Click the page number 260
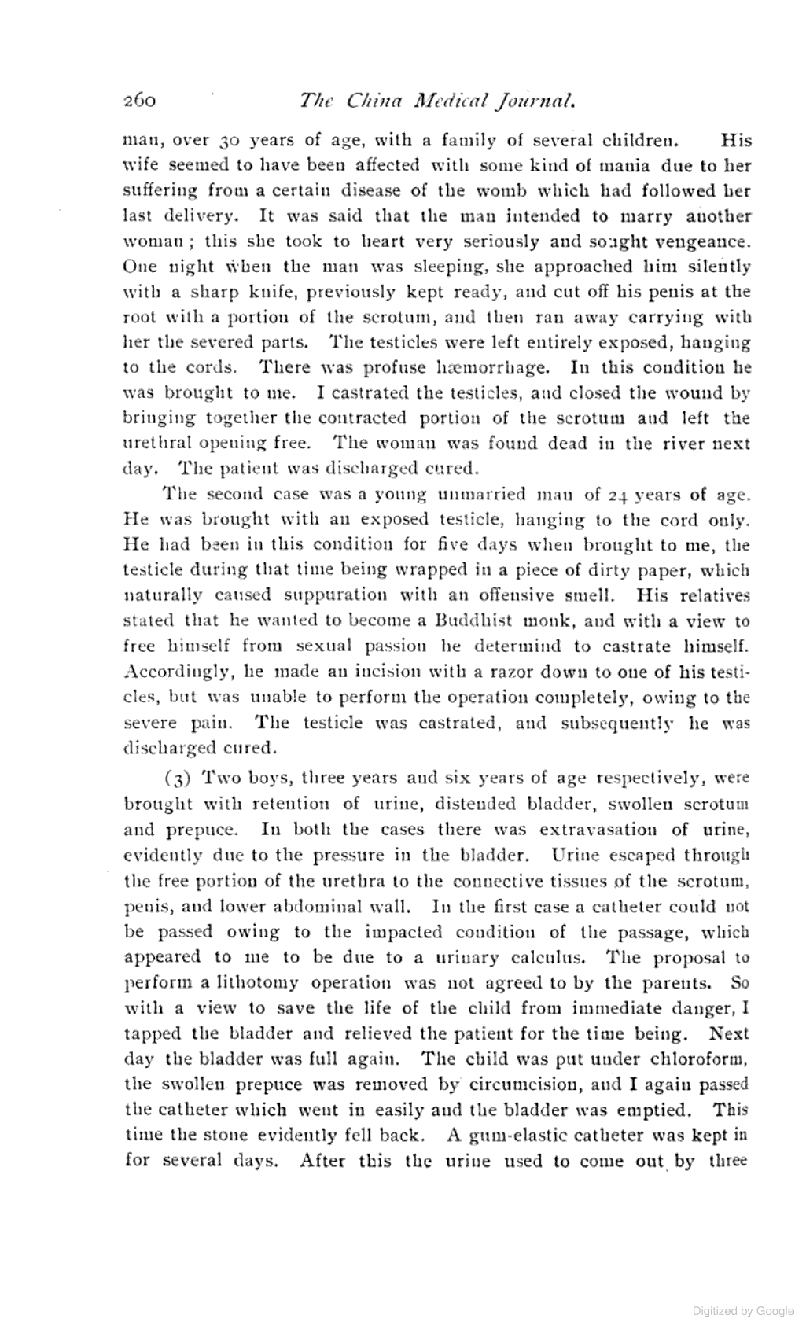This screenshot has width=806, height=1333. (142, 101)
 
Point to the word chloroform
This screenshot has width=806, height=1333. (704, 1059)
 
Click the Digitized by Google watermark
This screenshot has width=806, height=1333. (743, 1311)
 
